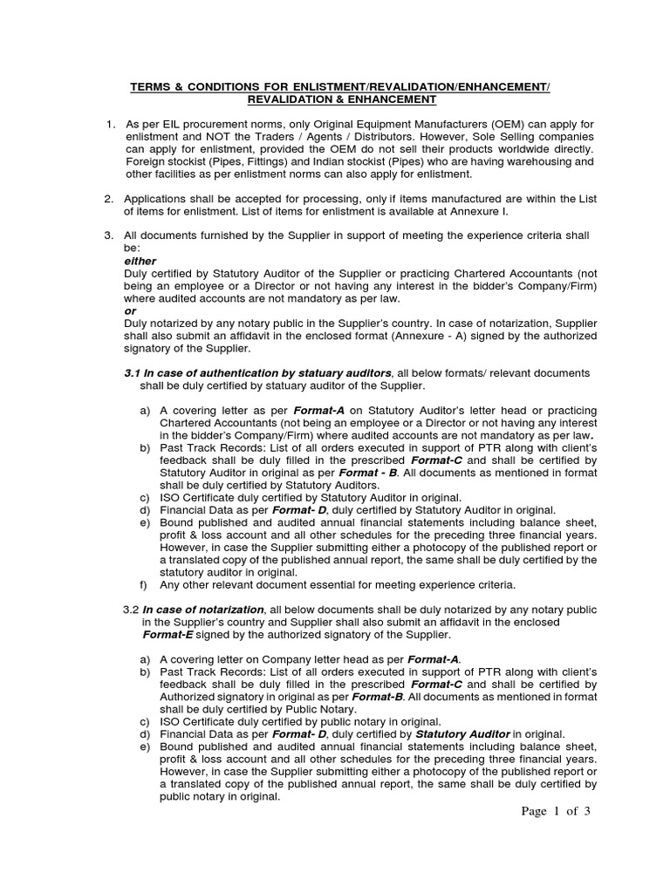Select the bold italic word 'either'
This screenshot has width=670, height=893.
click(x=141, y=261)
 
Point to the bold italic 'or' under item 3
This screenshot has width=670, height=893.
click(x=130, y=310)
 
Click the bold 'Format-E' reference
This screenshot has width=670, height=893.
click(x=167, y=634)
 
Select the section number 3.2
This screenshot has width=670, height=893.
click(x=131, y=610)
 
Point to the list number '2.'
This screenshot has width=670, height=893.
click(x=109, y=200)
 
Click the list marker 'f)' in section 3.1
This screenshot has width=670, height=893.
click(x=144, y=584)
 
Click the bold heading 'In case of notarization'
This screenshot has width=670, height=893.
click(x=203, y=610)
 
